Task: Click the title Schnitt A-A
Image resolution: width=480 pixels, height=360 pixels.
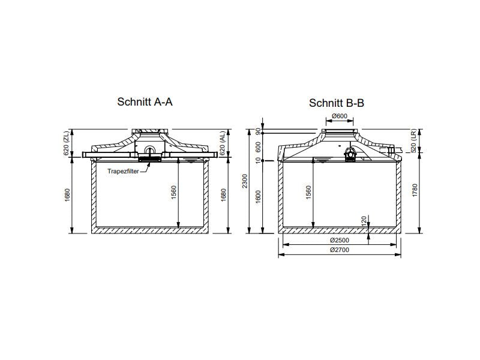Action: click(x=145, y=102)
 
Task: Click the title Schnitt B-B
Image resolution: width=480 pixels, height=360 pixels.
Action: click(x=337, y=103)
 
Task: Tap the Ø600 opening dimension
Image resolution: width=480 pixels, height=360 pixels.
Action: click(x=340, y=116)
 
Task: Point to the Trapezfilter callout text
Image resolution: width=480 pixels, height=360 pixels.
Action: click(x=123, y=172)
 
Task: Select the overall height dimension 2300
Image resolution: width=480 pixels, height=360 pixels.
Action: click(x=244, y=180)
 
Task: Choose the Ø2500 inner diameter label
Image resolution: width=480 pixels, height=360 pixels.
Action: click(x=340, y=241)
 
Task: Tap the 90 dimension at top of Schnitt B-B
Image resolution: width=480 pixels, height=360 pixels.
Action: click(x=259, y=131)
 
